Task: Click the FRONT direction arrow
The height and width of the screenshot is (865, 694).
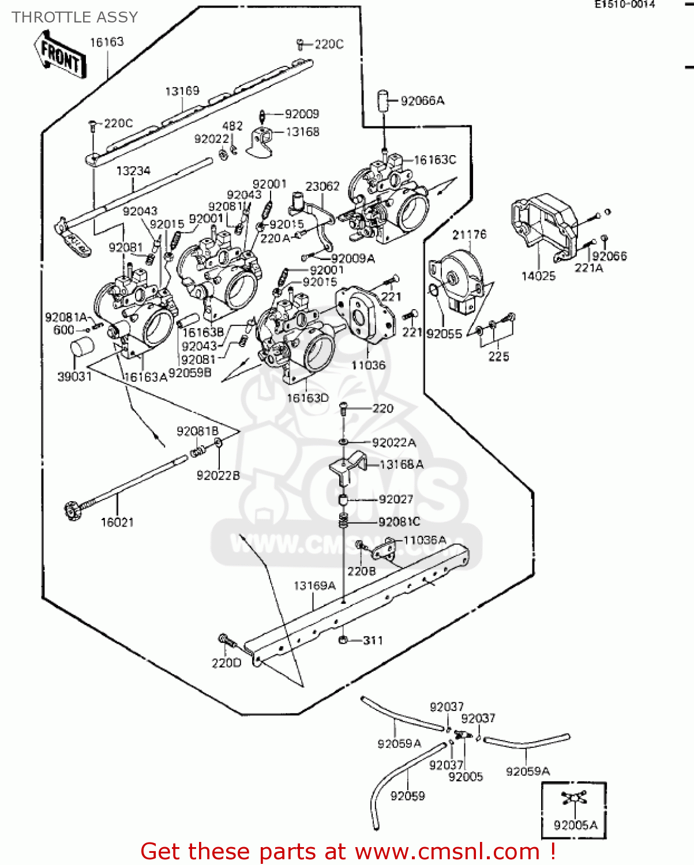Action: pos(60,55)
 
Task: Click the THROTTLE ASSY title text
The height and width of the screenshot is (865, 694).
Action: pos(75,17)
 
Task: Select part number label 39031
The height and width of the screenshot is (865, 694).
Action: pos(74,377)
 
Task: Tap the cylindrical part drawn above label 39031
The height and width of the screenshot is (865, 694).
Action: pos(81,350)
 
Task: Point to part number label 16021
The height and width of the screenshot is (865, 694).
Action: pos(117,522)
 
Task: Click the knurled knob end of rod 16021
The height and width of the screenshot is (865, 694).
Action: pos(72,510)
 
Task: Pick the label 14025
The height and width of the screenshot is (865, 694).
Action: pos(538,276)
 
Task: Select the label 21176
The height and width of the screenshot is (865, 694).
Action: pos(469,235)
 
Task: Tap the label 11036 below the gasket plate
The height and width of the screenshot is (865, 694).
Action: pos(368,365)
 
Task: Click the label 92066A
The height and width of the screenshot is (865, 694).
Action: pos(422,101)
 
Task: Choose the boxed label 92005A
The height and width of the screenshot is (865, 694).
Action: pos(575,825)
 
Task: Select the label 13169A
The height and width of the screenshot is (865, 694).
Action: pos(314,586)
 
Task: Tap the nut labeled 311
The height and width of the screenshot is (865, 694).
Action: pos(343,640)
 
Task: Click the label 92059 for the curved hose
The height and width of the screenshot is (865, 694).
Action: pos(407,796)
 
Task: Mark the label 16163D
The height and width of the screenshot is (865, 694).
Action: pos(307,398)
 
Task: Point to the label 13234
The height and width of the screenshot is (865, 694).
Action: pos(133,171)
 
